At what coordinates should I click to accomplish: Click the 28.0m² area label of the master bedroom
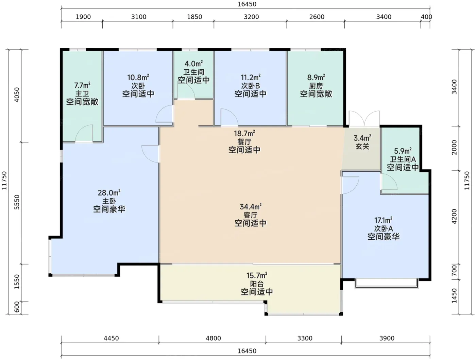tap(109, 192)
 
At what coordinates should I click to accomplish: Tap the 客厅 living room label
tap(250, 215)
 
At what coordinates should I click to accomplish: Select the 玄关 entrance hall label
tap(362, 146)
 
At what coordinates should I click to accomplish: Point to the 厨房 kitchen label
tap(316, 86)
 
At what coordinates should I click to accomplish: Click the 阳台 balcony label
tap(257, 284)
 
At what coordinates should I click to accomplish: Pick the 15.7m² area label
tap(257, 275)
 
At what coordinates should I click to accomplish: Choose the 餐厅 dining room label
tap(244, 142)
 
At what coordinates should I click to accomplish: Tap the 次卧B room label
tap(251, 86)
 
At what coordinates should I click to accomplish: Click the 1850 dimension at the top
tap(194, 17)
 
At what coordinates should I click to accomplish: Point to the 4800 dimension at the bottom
tap(214, 338)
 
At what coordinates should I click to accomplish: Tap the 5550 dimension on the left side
tap(17, 202)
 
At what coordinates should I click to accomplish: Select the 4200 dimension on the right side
tap(454, 217)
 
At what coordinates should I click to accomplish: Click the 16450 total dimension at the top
tap(247, 4)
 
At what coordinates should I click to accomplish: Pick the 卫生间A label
tap(403, 159)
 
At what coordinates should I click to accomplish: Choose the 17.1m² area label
tap(384, 220)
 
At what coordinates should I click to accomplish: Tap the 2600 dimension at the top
tap(317, 17)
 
